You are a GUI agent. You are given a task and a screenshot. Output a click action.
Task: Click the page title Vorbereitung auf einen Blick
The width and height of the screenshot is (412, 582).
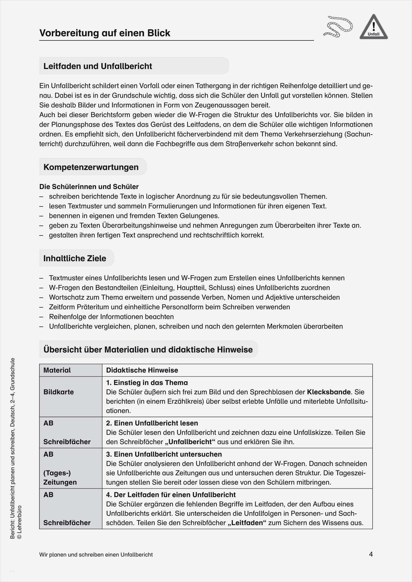tap(105, 33)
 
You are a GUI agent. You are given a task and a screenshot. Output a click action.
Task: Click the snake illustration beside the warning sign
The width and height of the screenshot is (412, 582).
tap(338, 26)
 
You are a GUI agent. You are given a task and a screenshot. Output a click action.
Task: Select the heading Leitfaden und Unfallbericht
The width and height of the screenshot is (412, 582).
tap(98, 66)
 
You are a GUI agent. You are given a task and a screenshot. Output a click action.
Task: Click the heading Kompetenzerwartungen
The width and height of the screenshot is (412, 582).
tap(91, 167)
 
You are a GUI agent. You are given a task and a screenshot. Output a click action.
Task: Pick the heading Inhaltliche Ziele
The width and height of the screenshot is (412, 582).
tap(75, 258)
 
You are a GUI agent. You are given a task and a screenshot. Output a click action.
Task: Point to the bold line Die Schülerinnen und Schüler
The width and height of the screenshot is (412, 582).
tap(89, 187)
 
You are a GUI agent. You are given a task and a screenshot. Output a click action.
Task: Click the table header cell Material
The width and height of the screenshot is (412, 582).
tap(57, 370)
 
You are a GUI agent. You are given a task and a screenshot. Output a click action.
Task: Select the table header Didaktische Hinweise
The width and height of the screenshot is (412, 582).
tap(142, 370)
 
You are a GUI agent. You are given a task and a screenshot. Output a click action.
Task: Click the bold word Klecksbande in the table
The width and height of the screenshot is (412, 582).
tap(329, 392)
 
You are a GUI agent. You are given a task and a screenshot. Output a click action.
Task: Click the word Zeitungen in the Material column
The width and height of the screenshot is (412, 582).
tap(60, 482)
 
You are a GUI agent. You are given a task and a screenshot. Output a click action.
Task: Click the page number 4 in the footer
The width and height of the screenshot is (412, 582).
tap(371, 554)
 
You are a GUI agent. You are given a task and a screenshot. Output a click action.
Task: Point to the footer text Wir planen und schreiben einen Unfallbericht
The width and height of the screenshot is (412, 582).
tap(96, 555)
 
